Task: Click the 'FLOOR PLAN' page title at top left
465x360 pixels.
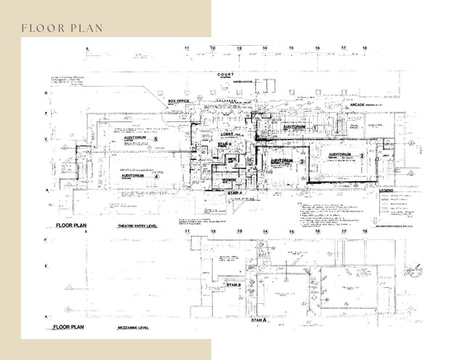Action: point(61,28)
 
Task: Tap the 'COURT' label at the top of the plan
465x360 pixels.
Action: point(226,74)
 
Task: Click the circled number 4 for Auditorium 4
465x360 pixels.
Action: point(155,176)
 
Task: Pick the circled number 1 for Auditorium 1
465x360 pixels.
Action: point(315,127)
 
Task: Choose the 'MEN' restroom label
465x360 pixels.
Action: point(232,158)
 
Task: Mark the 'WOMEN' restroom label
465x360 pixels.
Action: point(230,180)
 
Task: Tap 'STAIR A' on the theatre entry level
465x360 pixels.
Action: point(235,192)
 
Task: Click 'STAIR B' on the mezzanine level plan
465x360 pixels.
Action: point(234,285)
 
